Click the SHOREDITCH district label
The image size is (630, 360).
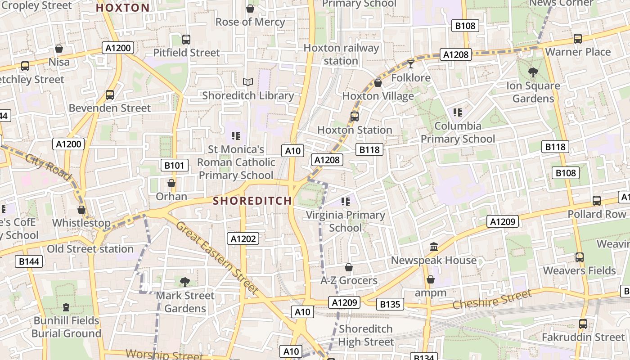point(252,201)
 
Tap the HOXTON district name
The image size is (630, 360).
point(123,8)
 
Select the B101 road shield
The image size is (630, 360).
point(174,165)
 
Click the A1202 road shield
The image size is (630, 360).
point(243,238)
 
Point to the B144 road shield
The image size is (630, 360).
point(29,261)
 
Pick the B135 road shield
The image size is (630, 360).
point(390,304)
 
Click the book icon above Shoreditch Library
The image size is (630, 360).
point(248,82)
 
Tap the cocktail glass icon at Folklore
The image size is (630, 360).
point(410,64)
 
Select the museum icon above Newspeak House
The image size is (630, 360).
point(434,247)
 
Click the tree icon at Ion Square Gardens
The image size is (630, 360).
point(533,72)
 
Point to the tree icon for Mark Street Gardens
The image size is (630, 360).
point(184,282)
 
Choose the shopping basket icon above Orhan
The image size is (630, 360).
point(171,183)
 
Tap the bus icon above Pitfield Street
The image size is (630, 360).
point(186,39)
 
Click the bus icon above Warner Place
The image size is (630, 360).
point(578,39)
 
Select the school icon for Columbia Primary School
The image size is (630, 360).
point(458,112)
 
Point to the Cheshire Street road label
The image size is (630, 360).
point(492,300)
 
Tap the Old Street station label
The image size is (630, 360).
point(90,249)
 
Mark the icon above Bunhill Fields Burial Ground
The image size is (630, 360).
point(66,307)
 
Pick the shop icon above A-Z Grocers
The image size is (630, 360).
point(348,267)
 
